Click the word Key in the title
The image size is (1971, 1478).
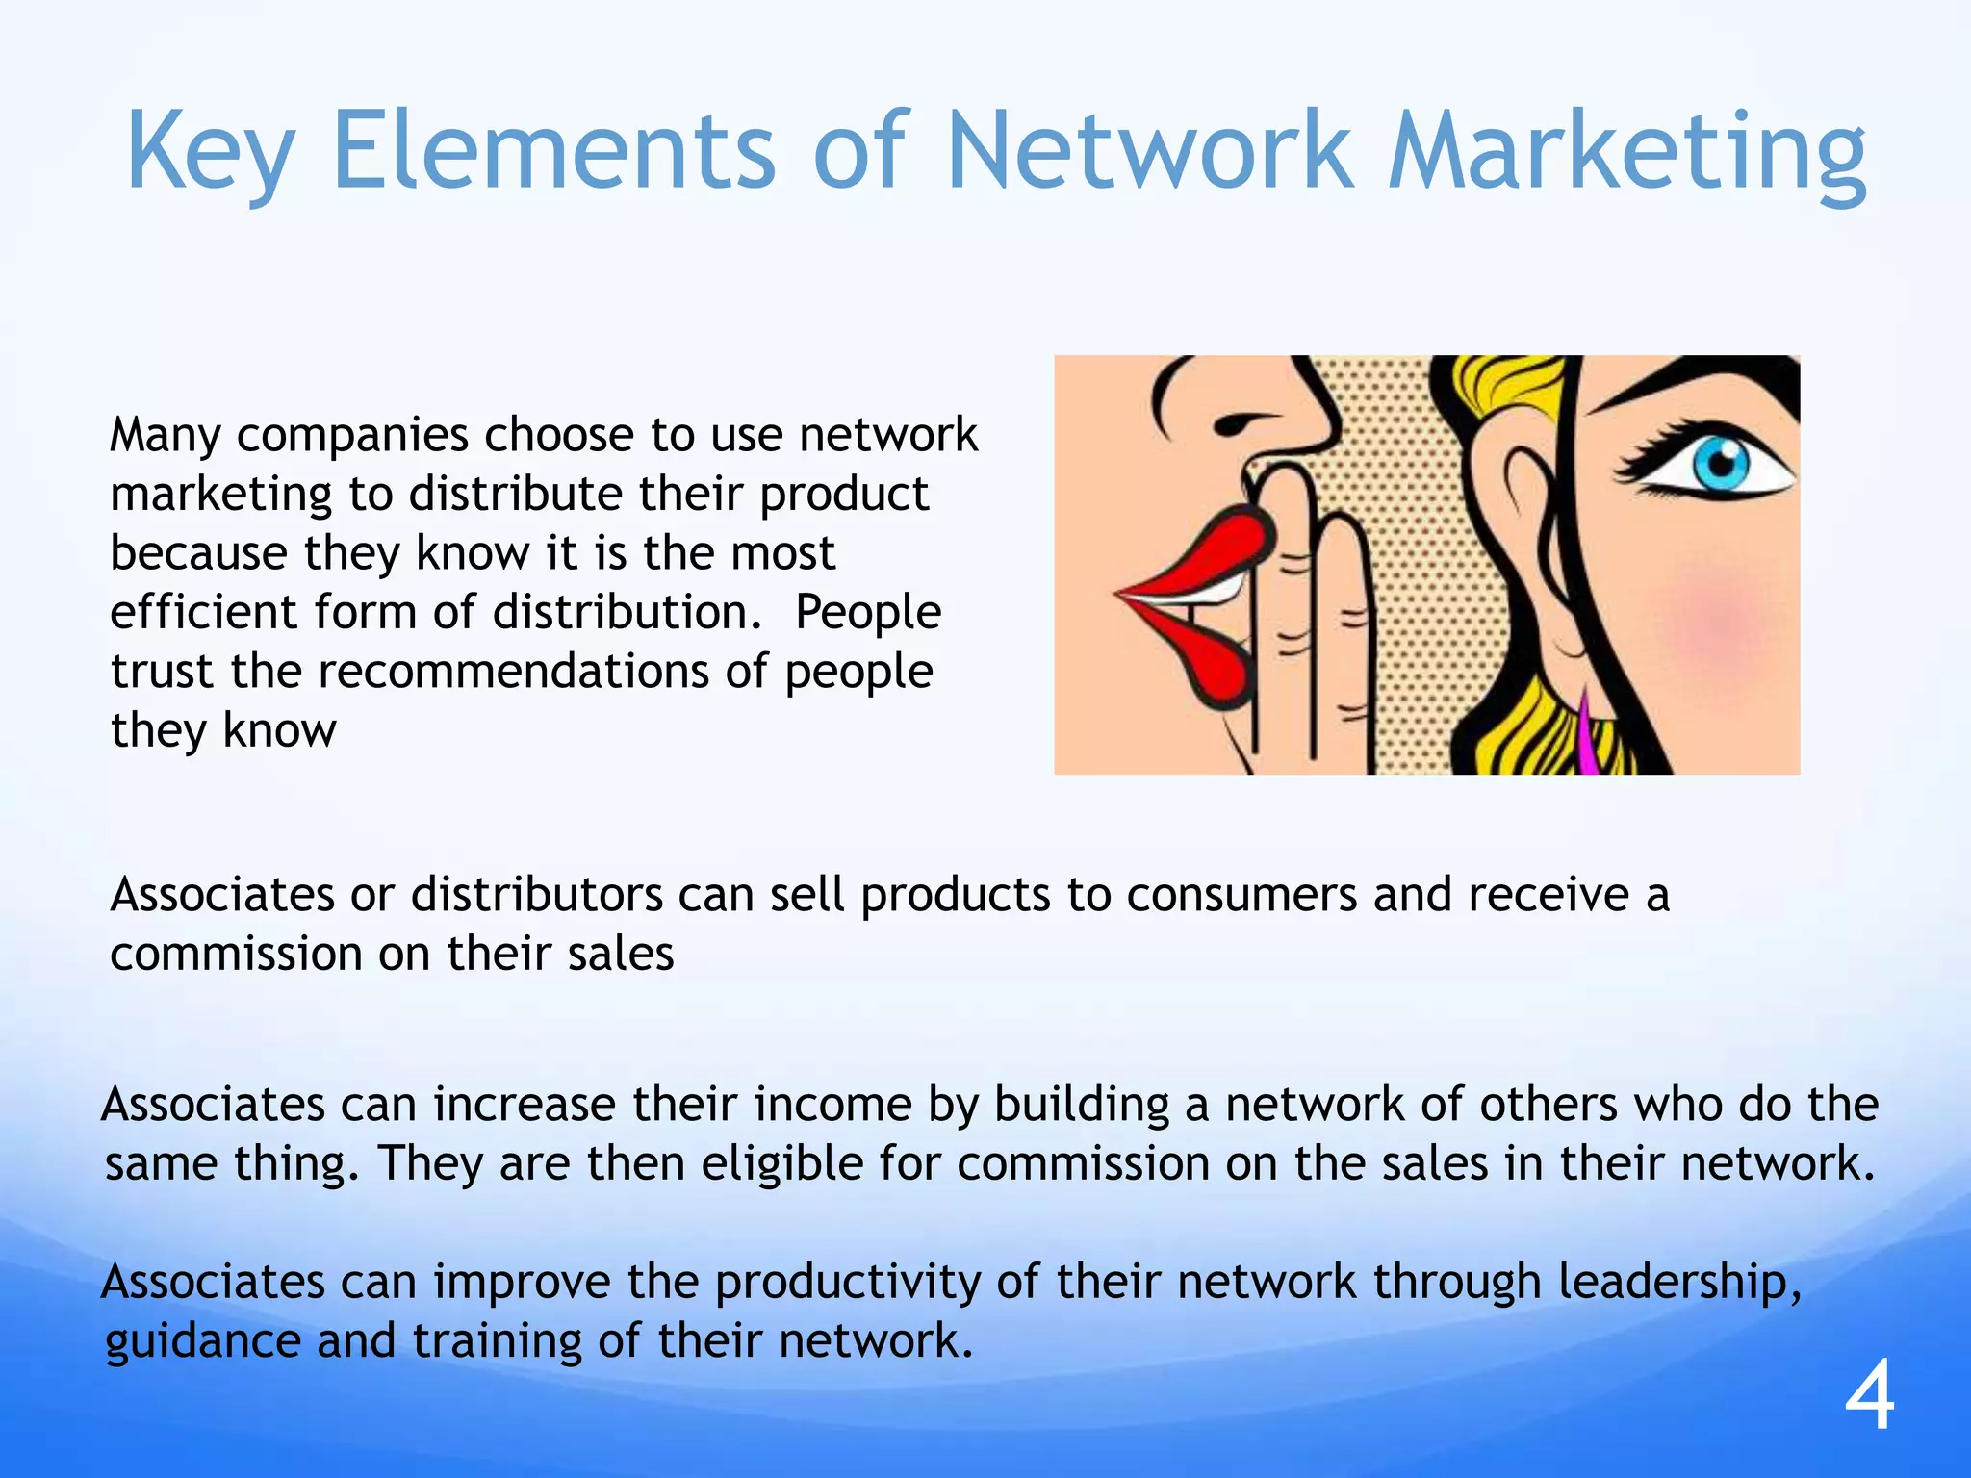pyautogui.click(x=209, y=152)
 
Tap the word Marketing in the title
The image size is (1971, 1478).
pyautogui.click(x=1626, y=152)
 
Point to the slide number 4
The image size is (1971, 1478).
pyautogui.click(x=1869, y=1397)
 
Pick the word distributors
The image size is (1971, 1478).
pyautogui.click(x=537, y=895)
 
